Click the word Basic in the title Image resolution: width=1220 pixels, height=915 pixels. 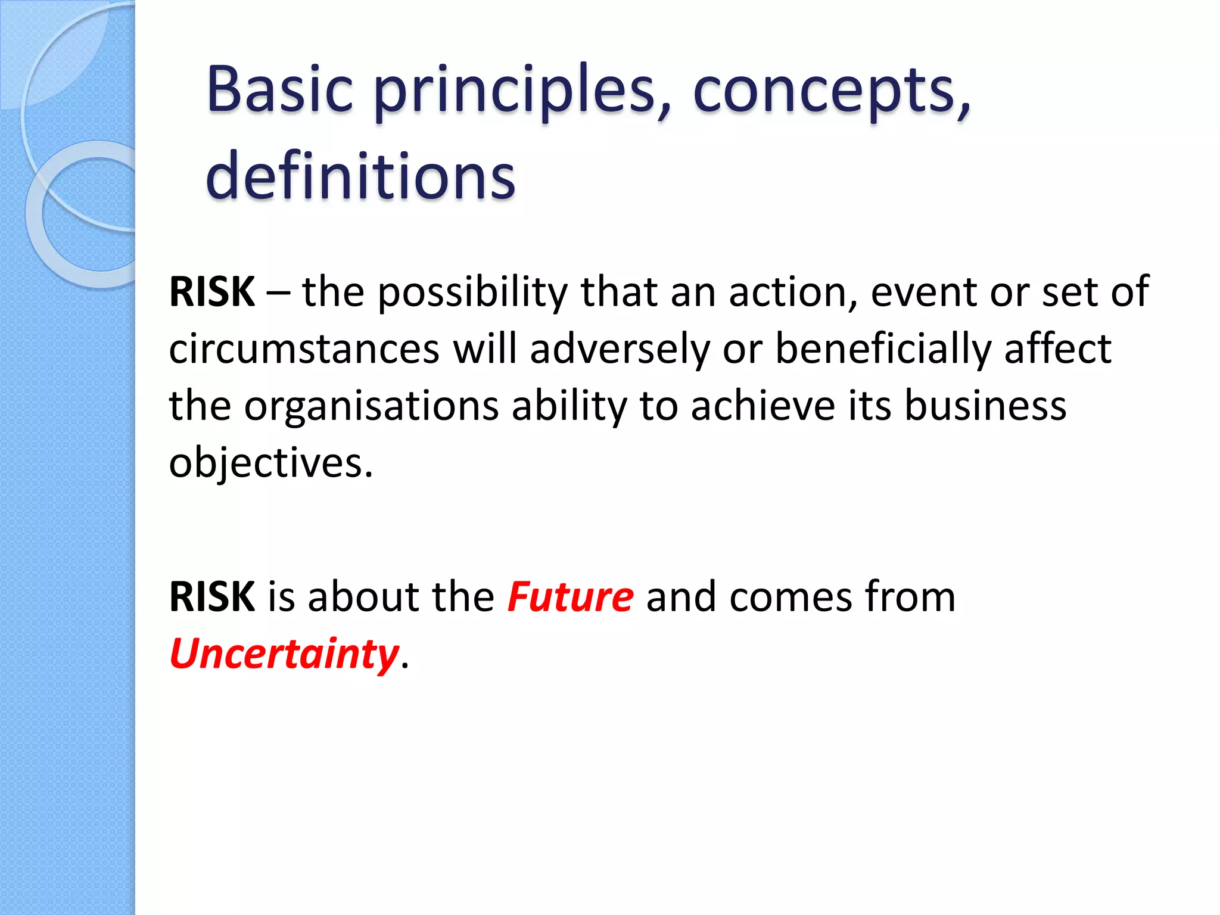[280, 91]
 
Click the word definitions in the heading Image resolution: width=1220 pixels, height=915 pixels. [360, 176]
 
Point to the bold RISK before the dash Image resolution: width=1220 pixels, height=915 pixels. [212, 292]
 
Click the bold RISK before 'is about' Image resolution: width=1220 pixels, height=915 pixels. [212, 597]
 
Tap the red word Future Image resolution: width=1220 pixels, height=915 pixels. [570, 597]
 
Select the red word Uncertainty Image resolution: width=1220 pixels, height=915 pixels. [284, 654]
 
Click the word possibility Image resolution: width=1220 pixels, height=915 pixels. [473, 293]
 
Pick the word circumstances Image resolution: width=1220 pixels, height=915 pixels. [304, 349]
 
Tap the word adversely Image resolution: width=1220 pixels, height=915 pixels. [620, 349]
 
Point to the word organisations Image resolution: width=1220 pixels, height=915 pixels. [371, 406]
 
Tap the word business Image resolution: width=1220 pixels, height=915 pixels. [985, 406]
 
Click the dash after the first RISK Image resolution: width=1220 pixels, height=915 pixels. [278, 293]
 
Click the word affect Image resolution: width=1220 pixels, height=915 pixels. [1057, 349]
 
